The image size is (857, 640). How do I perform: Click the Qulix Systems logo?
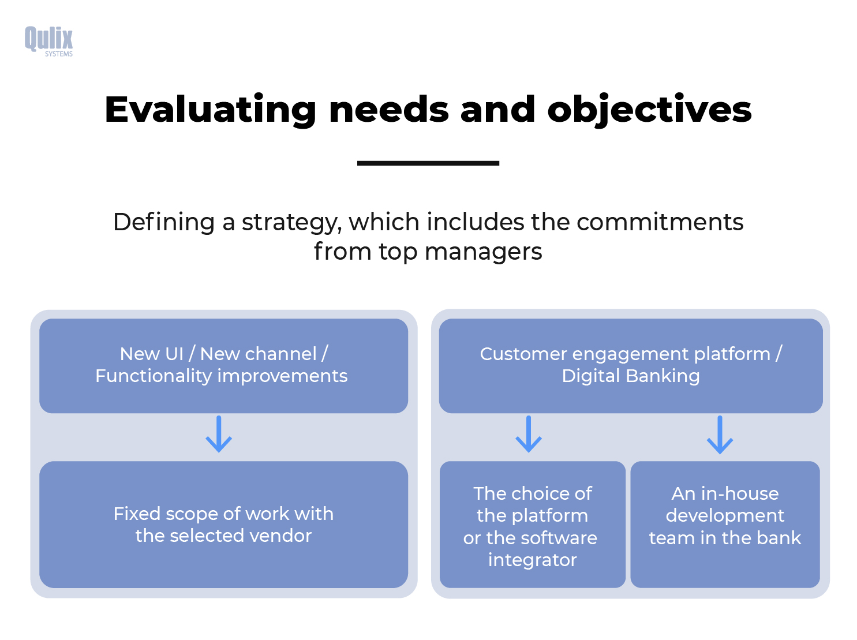[48, 41]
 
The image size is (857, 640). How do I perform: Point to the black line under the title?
[428, 163]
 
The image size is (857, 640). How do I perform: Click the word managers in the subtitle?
[483, 252]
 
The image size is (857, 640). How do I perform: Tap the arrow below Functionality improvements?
[219, 434]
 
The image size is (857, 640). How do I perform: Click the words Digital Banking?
[630, 376]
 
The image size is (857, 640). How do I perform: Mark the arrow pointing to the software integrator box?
[529, 434]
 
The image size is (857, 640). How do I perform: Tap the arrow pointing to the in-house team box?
[720, 434]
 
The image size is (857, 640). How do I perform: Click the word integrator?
[532, 560]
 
